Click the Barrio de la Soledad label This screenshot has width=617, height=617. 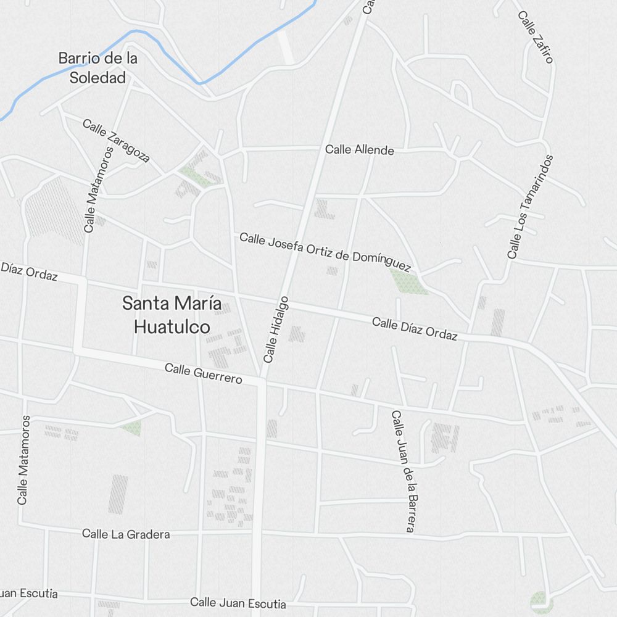(x=97, y=68)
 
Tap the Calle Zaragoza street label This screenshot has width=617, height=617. (x=116, y=141)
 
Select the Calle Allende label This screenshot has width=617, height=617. (x=359, y=149)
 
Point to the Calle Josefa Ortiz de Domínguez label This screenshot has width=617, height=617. (x=325, y=252)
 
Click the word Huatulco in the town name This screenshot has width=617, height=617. (x=172, y=326)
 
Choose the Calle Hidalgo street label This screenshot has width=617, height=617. (x=276, y=329)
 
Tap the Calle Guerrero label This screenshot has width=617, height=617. (x=203, y=373)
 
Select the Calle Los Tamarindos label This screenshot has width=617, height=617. (x=530, y=207)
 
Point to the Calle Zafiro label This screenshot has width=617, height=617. (x=536, y=37)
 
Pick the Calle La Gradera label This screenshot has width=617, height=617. (x=126, y=534)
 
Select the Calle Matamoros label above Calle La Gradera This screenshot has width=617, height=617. (x=23, y=460)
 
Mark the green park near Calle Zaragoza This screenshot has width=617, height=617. (x=194, y=175)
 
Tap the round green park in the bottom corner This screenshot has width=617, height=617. (x=539, y=598)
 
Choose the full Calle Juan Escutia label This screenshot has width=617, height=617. (x=238, y=603)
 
